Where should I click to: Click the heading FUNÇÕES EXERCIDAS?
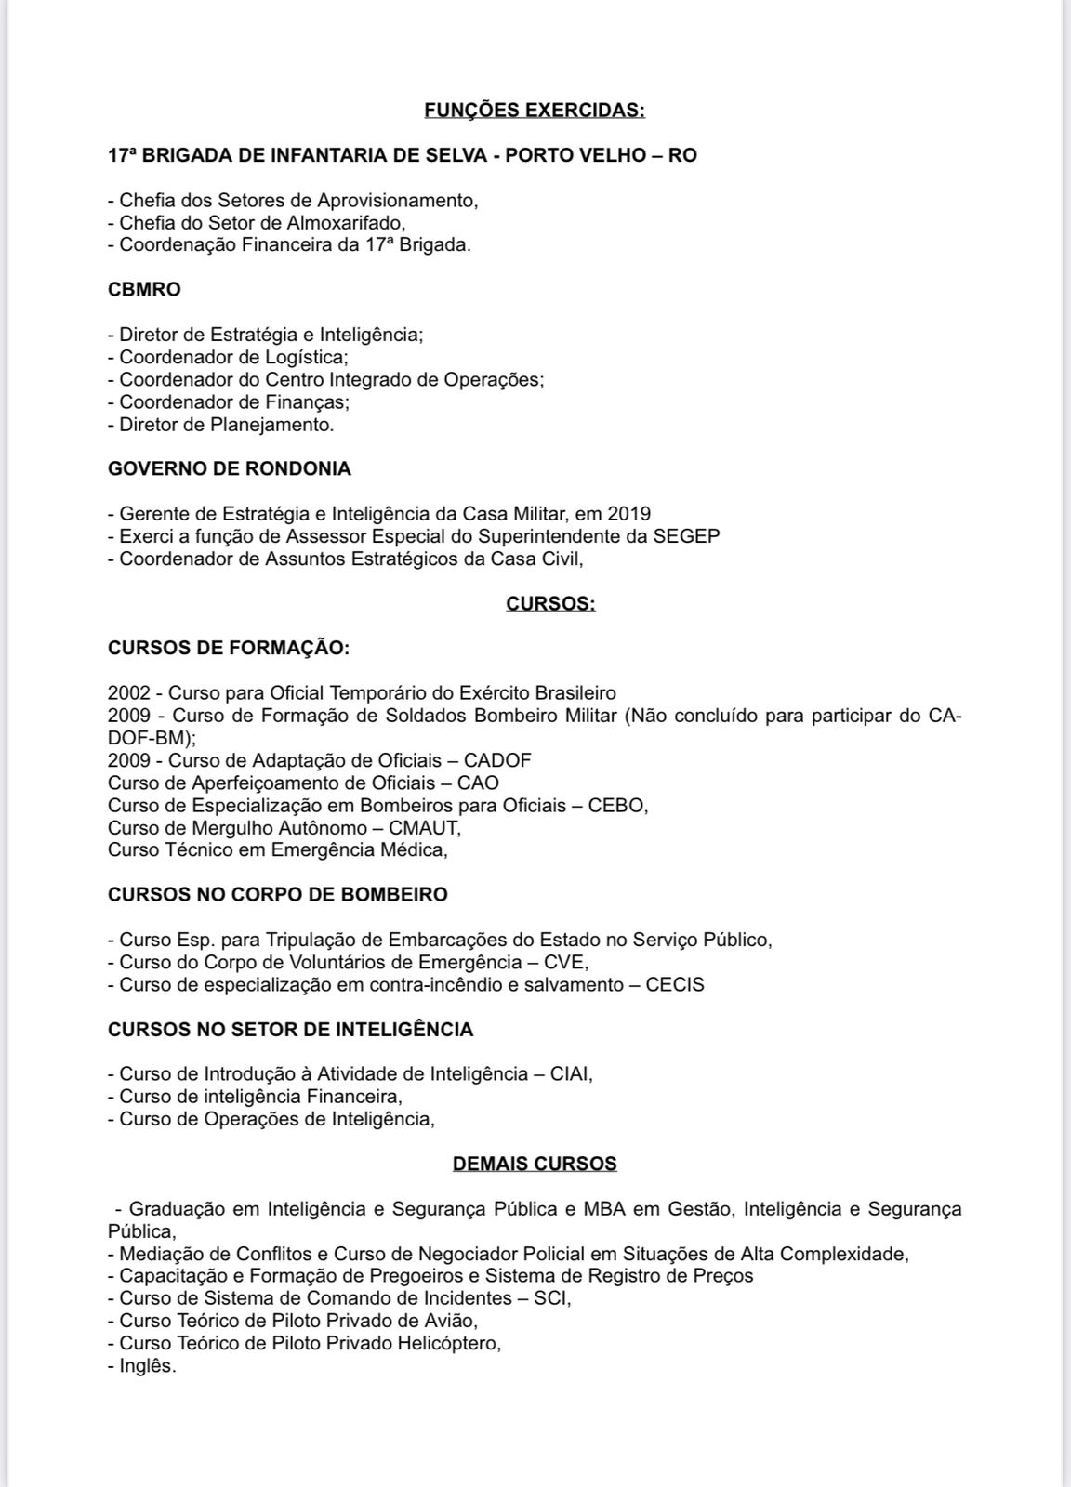coord(535,111)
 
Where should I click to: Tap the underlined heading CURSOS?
coord(550,604)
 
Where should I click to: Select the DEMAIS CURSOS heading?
coord(535,1164)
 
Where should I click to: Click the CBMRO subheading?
coord(144,290)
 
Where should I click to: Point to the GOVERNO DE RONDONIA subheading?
coord(230,469)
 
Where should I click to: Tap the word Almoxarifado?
coord(350,223)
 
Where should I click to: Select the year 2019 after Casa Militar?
coord(628,514)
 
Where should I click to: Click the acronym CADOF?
coord(497,760)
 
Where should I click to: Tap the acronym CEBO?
coord(615,805)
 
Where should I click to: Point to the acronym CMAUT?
coord(427,827)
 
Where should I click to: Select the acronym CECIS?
coord(675,984)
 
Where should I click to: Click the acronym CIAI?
coord(570,1074)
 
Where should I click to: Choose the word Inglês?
coord(147,1366)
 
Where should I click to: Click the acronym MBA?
coord(604,1209)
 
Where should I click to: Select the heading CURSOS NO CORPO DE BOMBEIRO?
coord(278,895)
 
